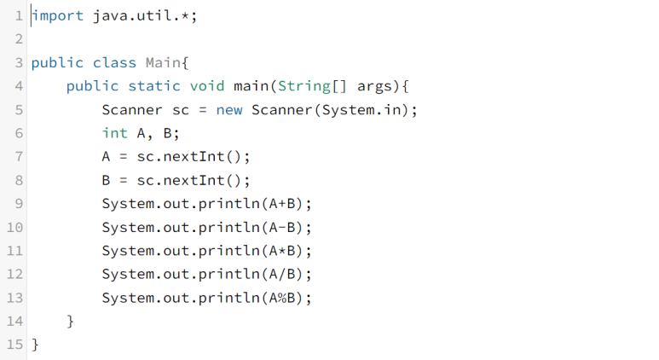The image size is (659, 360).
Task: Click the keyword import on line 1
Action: (x=58, y=16)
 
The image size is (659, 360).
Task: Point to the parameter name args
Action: (x=375, y=86)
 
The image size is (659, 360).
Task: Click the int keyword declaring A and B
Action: (x=114, y=133)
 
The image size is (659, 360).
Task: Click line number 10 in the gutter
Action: (x=14, y=228)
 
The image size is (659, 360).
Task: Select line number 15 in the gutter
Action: (x=14, y=345)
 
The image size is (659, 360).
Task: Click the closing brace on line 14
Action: (x=71, y=322)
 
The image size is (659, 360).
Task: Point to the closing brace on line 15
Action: (x=35, y=345)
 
